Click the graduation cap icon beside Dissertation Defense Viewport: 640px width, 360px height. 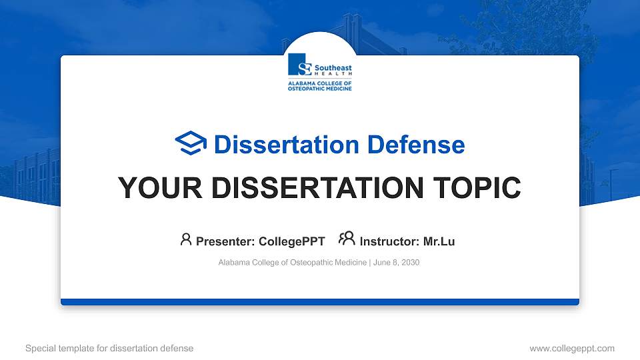[191, 143]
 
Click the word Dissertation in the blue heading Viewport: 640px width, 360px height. [287, 145]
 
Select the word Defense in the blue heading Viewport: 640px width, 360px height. [416, 145]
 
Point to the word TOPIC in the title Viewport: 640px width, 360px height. [477, 188]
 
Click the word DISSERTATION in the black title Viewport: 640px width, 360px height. [317, 188]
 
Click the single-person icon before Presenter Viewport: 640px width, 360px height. [186, 239]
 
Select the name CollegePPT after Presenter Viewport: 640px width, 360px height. [292, 241]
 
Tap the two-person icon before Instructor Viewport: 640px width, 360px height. [347, 239]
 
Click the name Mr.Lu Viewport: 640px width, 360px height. [439, 241]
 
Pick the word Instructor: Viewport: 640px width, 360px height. [389, 241]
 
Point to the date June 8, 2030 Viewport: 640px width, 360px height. [396, 263]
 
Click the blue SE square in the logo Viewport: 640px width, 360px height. [299, 65]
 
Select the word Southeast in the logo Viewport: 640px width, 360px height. [333, 68]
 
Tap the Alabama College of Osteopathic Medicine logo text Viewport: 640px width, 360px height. [319, 86]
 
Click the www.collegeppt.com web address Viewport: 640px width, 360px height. [572, 348]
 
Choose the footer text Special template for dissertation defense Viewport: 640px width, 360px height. [109, 348]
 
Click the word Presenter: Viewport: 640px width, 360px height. [225, 241]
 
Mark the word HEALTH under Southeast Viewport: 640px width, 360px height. [333, 74]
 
